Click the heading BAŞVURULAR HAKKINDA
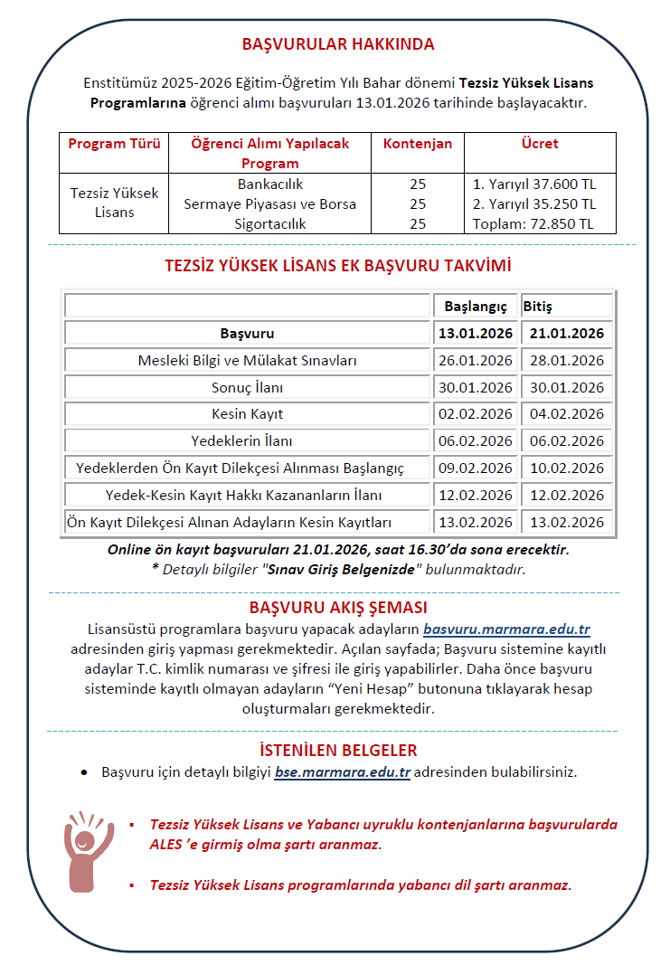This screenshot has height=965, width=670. pos(338,43)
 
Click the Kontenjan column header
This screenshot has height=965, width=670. pos(418,143)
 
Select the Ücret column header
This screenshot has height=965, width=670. pos(540,143)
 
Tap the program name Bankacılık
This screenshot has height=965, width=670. pos(269,184)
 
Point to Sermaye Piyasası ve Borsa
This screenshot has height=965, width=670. pos(269,203)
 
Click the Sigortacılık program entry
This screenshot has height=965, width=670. pos(269,223)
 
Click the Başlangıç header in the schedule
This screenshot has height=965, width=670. pos(475,307)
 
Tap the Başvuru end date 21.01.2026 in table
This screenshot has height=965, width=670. pos(567,334)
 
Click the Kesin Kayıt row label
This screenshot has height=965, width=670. pos(247,414)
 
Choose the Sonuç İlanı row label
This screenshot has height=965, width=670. pos(247,387)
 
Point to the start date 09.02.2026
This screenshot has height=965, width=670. pos(475,468)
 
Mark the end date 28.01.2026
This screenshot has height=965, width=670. pos(567,361)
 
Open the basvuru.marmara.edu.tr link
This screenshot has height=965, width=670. pos(506,629)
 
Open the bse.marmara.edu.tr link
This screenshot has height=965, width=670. pos(343,772)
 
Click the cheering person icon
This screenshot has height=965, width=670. pos(88,850)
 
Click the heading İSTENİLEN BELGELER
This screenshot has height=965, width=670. pos(338,751)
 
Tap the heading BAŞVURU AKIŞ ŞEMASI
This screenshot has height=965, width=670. pos(338,607)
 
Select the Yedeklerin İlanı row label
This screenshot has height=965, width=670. pos(247,441)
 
